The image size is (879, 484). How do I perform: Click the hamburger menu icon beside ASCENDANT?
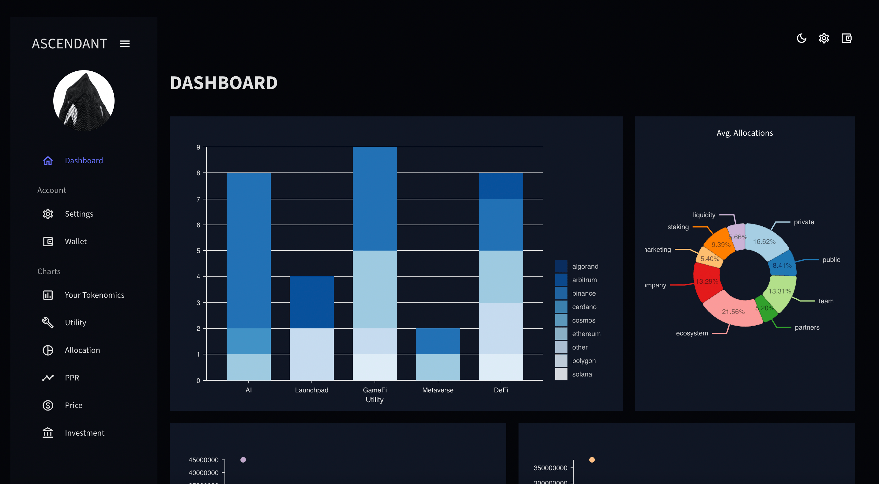pos(125,44)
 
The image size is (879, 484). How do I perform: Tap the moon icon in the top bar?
pos(801,38)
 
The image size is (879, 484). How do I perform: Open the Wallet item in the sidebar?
pos(75,241)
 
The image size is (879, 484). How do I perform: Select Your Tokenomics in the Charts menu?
pos(94,295)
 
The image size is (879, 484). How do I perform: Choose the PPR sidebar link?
pos(72,377)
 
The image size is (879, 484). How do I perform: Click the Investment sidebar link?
pos(84,433)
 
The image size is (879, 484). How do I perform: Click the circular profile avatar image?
pos(84,101)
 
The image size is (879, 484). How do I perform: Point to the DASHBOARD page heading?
pos(224,83)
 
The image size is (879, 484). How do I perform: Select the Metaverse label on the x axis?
pos(437,390)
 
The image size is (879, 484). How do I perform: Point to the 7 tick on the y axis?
pos(198,199)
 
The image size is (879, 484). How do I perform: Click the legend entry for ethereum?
pos(586,334)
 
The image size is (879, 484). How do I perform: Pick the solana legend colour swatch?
pos(561,374)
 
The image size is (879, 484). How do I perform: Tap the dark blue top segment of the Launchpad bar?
pos(311,302)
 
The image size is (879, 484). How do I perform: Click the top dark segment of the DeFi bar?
pos(500,186)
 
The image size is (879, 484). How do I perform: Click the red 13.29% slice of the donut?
pos(706,282)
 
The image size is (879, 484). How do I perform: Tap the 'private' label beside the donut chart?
pos(804,222)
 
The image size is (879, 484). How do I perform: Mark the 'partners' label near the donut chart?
pos(807,327)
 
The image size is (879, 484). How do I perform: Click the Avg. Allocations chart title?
pos(745,133)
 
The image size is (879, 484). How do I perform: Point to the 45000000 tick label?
pos(203,460)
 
